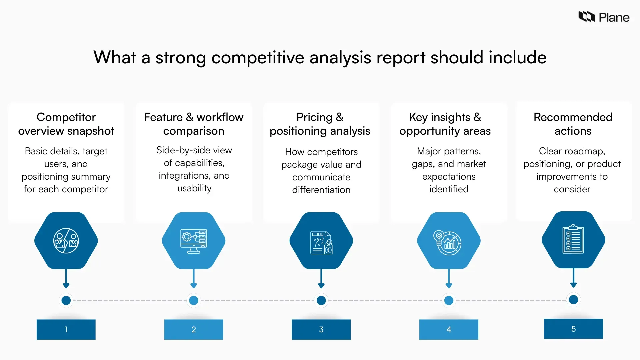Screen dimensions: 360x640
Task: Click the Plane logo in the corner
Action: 604,17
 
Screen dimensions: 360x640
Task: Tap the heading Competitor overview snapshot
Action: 66,124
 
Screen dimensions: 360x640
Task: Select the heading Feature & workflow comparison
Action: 194,124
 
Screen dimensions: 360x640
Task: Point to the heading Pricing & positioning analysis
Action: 320,124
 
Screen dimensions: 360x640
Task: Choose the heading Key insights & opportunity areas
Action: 445,124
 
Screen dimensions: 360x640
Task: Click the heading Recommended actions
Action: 573,124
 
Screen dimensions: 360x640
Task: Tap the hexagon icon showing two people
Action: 66,241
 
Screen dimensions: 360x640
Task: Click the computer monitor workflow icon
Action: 194,241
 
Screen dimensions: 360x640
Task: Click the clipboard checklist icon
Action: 573,239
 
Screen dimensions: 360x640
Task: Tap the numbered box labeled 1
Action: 66,329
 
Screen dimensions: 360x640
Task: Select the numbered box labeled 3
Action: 321,329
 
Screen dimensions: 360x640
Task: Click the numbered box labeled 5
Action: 573,329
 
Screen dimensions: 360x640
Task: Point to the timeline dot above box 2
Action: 194,300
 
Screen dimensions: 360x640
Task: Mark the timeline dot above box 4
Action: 449,300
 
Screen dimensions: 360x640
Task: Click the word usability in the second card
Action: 194,188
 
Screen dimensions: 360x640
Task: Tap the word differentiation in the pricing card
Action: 321,190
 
